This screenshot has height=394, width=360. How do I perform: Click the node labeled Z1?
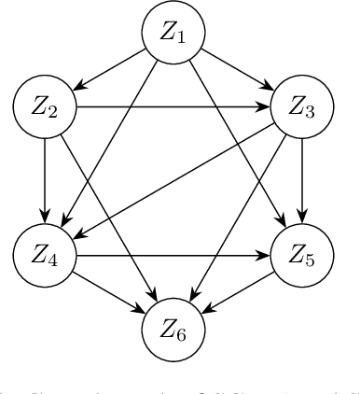[x=173, y=34]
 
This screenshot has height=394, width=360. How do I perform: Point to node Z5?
[x=300, y=253]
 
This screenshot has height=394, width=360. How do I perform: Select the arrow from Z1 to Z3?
[x=237, y=70]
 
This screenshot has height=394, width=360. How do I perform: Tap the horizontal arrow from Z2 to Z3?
[x=173, y=106]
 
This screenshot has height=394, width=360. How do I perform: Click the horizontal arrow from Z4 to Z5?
[x=173, y=253]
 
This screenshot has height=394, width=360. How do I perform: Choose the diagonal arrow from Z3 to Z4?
[x=173, y=180]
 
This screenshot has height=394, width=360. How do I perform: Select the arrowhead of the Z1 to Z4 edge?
[x=63, y=221]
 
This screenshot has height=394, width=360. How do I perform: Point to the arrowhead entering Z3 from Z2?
[x=265, y=106]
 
